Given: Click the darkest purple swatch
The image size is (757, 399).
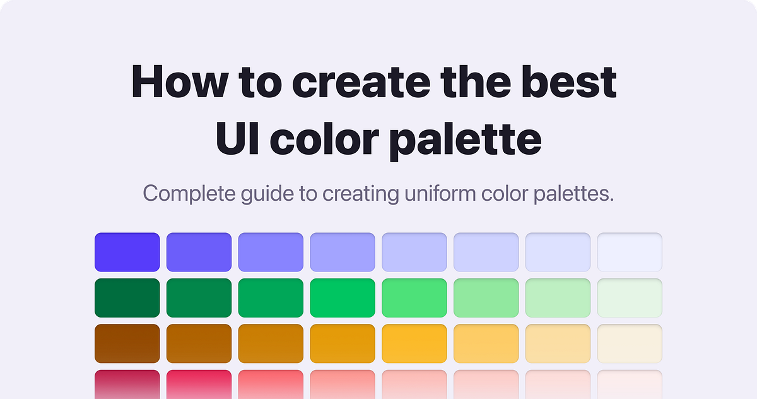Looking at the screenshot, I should (127, 253).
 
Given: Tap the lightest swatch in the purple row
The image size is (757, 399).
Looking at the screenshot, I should (630, 253).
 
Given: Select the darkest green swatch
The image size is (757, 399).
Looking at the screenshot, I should (127, 297).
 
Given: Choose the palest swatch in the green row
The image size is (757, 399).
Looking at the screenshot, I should (630, 297).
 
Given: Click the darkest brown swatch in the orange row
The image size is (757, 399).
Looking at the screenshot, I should (127, 343).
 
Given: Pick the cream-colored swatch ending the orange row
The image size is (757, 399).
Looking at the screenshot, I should (630, 343).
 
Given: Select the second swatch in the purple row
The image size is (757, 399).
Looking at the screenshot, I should (199, 253).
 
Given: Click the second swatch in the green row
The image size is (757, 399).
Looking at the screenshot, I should (199, 297).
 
